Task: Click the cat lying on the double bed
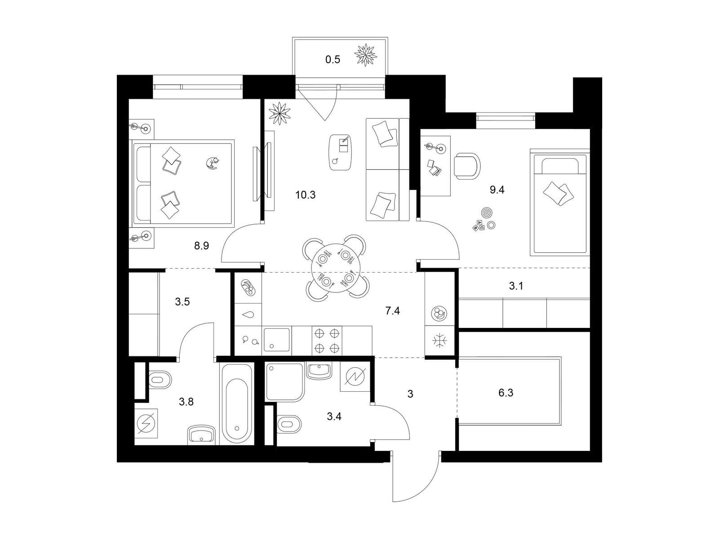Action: pos(213,163)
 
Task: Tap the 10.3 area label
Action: pos(305,195)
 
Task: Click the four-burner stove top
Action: pos(326,340)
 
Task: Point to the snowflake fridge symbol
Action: pos(439,341)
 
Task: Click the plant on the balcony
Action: pos(365,55)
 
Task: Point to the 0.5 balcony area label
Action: pos(333,60)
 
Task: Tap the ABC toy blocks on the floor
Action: pos(478,226)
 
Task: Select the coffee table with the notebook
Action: pos(341,152)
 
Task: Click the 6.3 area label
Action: pos(506,393)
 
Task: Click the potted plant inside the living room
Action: pos(280,113)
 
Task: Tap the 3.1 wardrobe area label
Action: pos(516,287)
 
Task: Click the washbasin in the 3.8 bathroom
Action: pos(201,435)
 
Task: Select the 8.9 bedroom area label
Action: pos(201,246)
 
